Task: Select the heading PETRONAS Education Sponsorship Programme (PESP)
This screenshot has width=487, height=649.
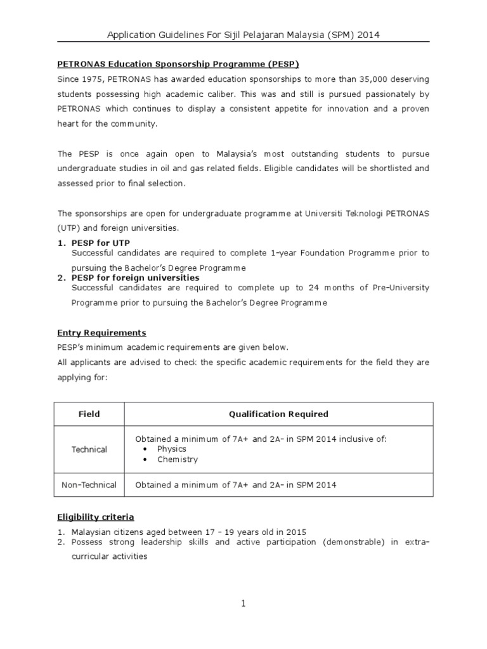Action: click(178, 64)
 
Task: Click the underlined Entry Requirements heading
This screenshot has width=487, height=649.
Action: click(101, 333)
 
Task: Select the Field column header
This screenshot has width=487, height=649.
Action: click(89, 414)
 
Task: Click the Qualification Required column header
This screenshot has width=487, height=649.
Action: click(278, 414)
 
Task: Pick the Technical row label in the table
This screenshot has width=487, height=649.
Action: click(89, 449)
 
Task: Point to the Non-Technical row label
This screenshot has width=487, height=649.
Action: click(89, 485)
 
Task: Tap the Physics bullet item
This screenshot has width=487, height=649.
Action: click(171, 449)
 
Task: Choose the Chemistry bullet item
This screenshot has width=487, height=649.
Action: click(178, 459)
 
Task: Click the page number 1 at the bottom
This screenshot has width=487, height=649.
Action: click(243, 604)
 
